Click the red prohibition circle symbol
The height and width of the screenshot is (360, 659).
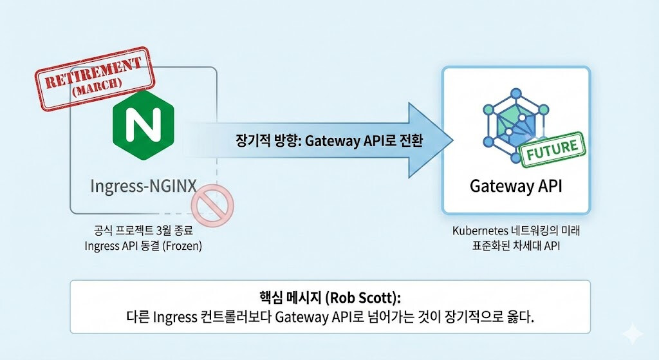(x=212, y=205)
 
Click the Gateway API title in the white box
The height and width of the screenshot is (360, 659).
(x=516, y=187)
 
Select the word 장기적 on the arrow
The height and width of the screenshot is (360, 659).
(x=253, y=142)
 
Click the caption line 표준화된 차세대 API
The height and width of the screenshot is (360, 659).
(x=516, y=245)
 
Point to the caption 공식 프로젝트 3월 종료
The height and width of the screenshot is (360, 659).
(x=144, y=230)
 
